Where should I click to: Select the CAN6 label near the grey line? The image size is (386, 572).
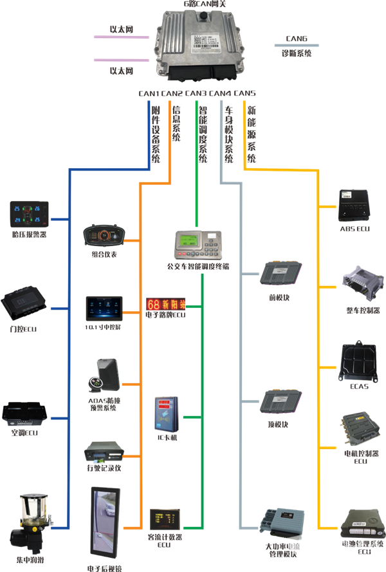click(x=296, y=37)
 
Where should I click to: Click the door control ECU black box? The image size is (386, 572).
click(x=25, y=301)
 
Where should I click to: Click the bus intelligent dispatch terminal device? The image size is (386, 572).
click(x=198, y=244)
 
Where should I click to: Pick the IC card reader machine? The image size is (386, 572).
click(x=163, y=415)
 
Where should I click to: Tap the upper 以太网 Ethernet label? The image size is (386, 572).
click(x=120, y=29)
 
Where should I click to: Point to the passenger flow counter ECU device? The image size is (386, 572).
click(x=165, y=519)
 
